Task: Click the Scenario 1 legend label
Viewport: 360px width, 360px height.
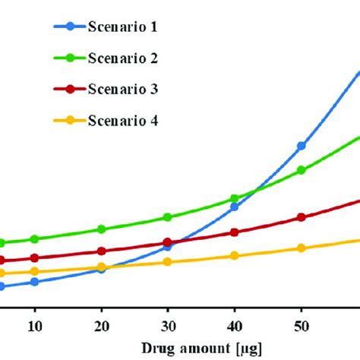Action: point(124,27)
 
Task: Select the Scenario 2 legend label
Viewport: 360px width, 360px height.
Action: point(124,58)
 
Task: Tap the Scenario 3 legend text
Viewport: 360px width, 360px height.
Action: point(124,89)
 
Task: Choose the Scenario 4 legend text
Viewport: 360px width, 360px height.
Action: point(124,120)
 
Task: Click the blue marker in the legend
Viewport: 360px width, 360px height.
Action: point(71,27)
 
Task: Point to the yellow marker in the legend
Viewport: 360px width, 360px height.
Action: point(71,120)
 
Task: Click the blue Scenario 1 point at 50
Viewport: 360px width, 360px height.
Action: point(302,146)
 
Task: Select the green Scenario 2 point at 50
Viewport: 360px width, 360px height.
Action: point(302,170)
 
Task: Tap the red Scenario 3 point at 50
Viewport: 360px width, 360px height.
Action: point(302,217)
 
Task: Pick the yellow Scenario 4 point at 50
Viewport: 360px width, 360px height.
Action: point(302,248)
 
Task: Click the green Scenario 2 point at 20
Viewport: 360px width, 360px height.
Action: point(101,229)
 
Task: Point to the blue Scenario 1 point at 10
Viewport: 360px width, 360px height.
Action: point(34,282)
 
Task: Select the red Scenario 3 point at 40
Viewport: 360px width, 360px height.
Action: point(235,233)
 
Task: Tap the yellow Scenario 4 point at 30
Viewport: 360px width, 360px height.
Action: point(168,262)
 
